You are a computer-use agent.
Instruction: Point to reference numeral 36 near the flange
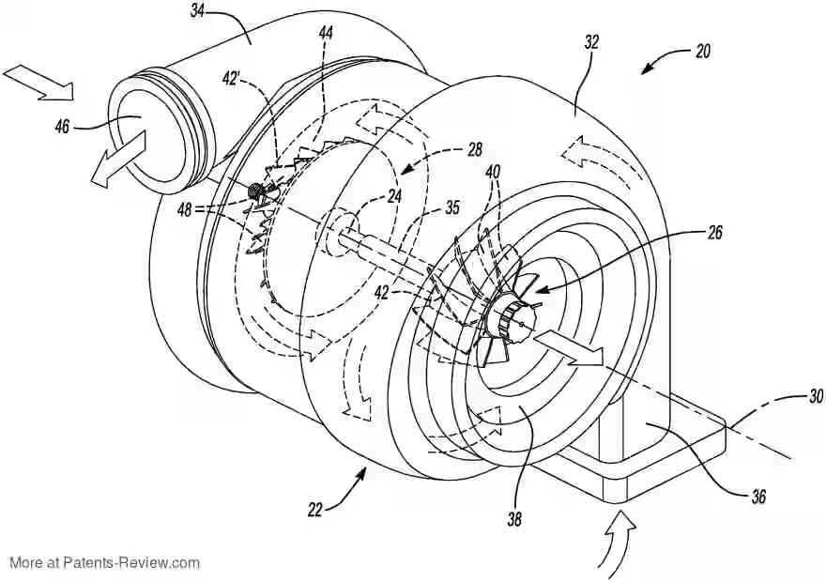coord(757,497)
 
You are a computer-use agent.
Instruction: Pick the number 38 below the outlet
coord(514,516)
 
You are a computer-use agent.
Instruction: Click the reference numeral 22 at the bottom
coord(314,510)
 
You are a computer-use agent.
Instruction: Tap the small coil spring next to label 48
coord(254,191)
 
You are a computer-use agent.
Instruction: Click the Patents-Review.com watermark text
coord(105,563)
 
